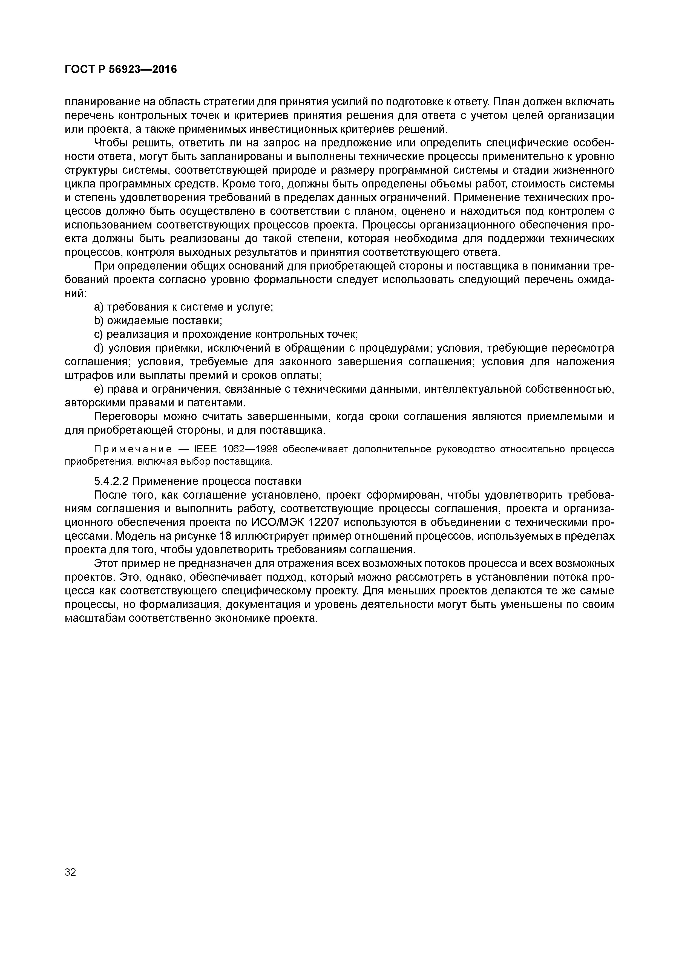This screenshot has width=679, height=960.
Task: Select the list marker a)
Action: [x=99, y=307]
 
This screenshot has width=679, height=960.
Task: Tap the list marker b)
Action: [x=99, y=321]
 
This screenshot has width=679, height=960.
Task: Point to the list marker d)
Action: [x=99, y=348]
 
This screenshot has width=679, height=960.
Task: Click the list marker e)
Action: [x=99, y=389]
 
